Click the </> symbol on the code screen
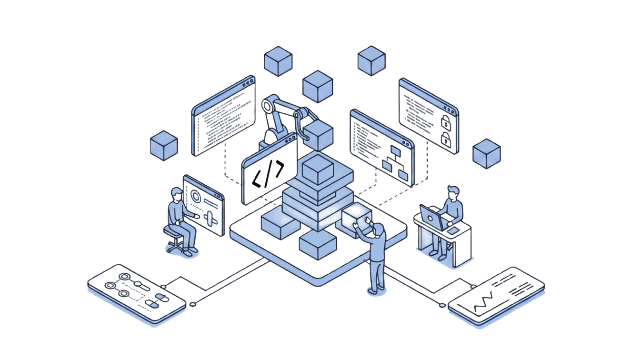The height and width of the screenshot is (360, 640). point(268,175)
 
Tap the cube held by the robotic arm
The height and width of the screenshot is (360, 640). point(318,135)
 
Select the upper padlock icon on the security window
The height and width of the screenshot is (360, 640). point(446,122)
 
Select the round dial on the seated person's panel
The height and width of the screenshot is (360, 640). point(195,196)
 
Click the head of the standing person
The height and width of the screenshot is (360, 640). point(379,230)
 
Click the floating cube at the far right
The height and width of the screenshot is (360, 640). point(487,153)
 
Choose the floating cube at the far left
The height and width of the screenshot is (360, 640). point(164,145)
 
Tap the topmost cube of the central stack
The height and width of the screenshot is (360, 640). point(320,169)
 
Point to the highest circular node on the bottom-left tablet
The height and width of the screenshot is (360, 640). point(125,277)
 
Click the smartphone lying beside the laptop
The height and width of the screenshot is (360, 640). point(454,231)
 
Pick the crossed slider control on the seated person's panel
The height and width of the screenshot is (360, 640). point(210,218)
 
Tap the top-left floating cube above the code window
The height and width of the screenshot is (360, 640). point(278,61)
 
